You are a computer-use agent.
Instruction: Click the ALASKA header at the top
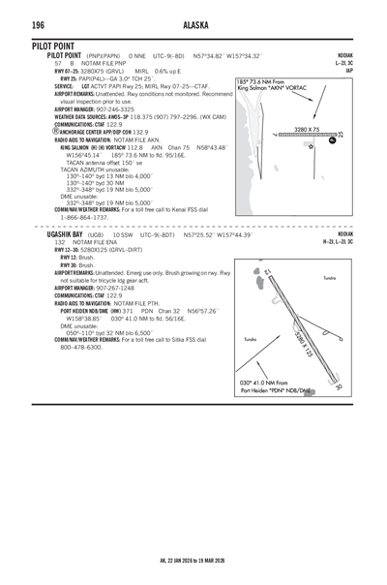[193, 24]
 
